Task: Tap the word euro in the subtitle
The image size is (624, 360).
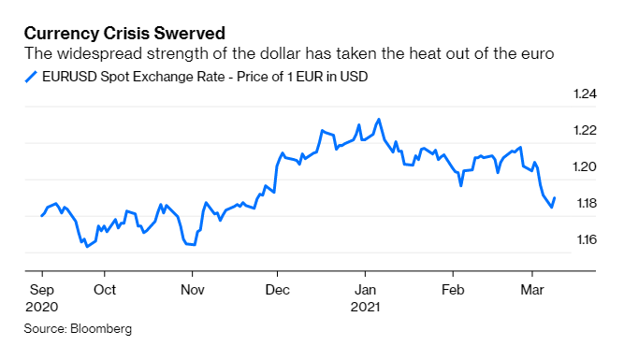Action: click(x=537, y=55)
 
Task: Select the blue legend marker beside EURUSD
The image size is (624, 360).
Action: click(x=30, y=77)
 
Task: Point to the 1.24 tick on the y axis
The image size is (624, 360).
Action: click(x=584, y=94)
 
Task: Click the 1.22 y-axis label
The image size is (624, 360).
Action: click(x=584, y=130)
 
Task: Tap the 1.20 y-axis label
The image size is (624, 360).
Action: click(x=584, y=166)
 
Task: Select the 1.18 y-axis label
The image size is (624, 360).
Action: click(x=584, y=203)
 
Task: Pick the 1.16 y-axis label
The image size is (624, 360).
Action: click(x=584, y=239)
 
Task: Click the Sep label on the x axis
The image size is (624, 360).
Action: click(x=41, y=289)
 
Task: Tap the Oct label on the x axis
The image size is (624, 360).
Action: click(x=105, y=289)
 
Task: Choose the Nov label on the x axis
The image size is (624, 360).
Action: click(x=192, y=289)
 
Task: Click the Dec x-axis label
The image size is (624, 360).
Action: click(x=278, y=289)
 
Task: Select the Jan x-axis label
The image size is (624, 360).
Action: click(x=365, y=289)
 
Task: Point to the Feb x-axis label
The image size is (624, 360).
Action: click(x=453, y=289)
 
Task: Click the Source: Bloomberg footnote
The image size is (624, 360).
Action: click(x=79, y=328)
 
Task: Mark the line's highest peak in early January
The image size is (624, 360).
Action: click(x=378, y=120)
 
